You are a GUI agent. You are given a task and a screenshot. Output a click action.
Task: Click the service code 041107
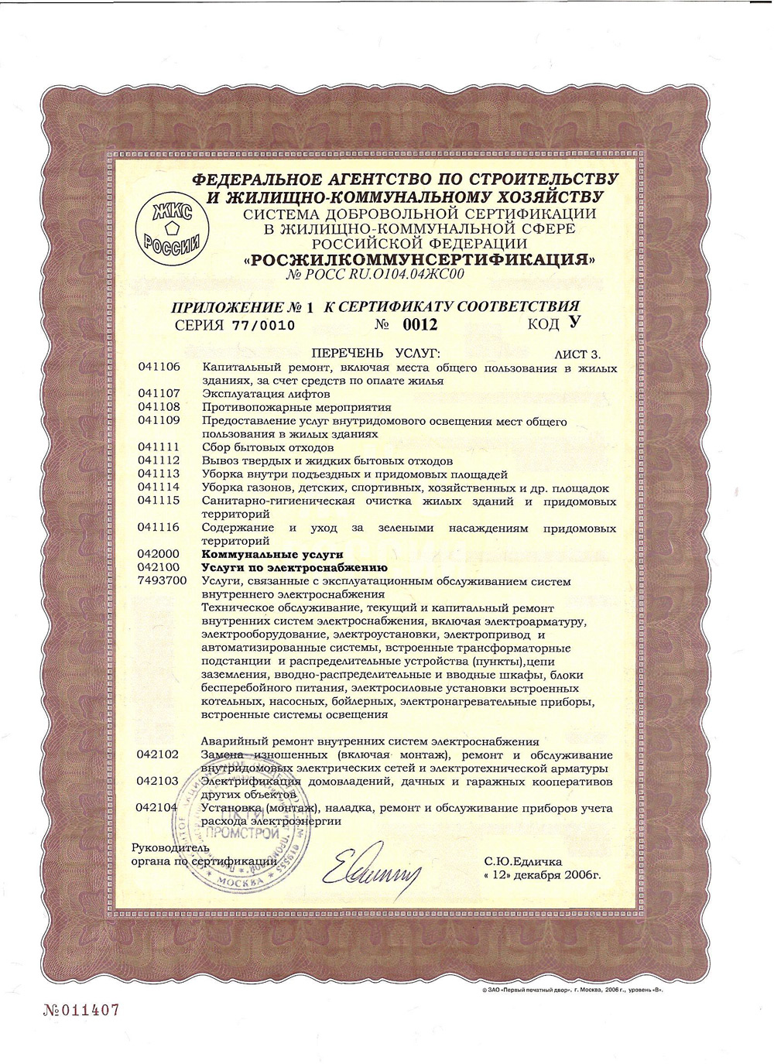click(159, 394)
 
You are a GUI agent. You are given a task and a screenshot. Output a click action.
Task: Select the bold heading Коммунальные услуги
click(272, 554)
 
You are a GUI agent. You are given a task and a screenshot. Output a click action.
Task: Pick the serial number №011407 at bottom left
click(77, 1011)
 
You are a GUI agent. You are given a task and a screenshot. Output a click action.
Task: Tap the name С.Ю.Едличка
click(523, 860)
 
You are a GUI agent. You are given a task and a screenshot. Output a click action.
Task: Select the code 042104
click(157, 808)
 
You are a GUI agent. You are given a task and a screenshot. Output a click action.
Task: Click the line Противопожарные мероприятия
click(296, 407)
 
